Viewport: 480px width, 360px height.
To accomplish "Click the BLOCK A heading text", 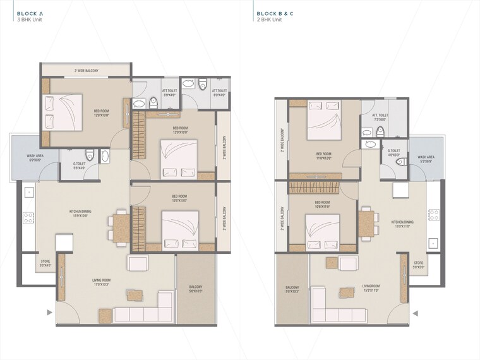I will (x=30, y=13).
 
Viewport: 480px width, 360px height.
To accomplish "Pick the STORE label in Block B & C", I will (x=418, y=264).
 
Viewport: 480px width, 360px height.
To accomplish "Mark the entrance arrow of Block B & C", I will (x=414, y=312).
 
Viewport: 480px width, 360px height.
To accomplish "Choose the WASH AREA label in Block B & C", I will (x=426, y=159).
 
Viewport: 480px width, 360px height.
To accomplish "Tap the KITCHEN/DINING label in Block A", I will (x=82, y=213).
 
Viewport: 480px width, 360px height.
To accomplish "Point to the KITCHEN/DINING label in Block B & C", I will (x=402, y=224).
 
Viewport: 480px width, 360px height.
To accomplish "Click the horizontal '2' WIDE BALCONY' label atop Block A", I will (x=86, y=71).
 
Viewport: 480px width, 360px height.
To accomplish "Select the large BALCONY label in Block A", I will (x=195, y=289).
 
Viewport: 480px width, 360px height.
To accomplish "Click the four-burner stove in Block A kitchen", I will (x=28, y=218).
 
